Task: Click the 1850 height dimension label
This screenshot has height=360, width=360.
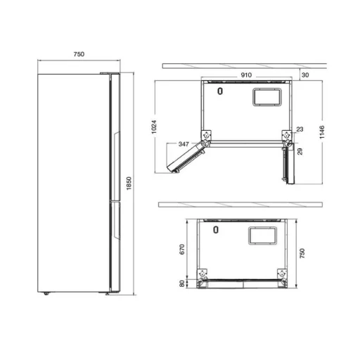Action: tap(129, 184)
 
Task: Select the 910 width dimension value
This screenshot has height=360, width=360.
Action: tap(246, 75)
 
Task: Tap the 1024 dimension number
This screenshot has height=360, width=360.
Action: tap(154, 127)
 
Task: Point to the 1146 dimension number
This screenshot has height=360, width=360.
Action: tap(322, 132)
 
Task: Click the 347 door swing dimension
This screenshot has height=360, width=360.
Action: tap(184, 144)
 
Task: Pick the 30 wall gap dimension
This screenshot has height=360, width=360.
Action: tap(305, 75)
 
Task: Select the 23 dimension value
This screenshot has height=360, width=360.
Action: tap(300, 129)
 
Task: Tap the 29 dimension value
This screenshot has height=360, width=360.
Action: tap(300, 151)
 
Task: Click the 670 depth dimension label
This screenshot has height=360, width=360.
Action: tap(182, 249)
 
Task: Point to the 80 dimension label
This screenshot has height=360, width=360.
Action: tap(182, 283)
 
